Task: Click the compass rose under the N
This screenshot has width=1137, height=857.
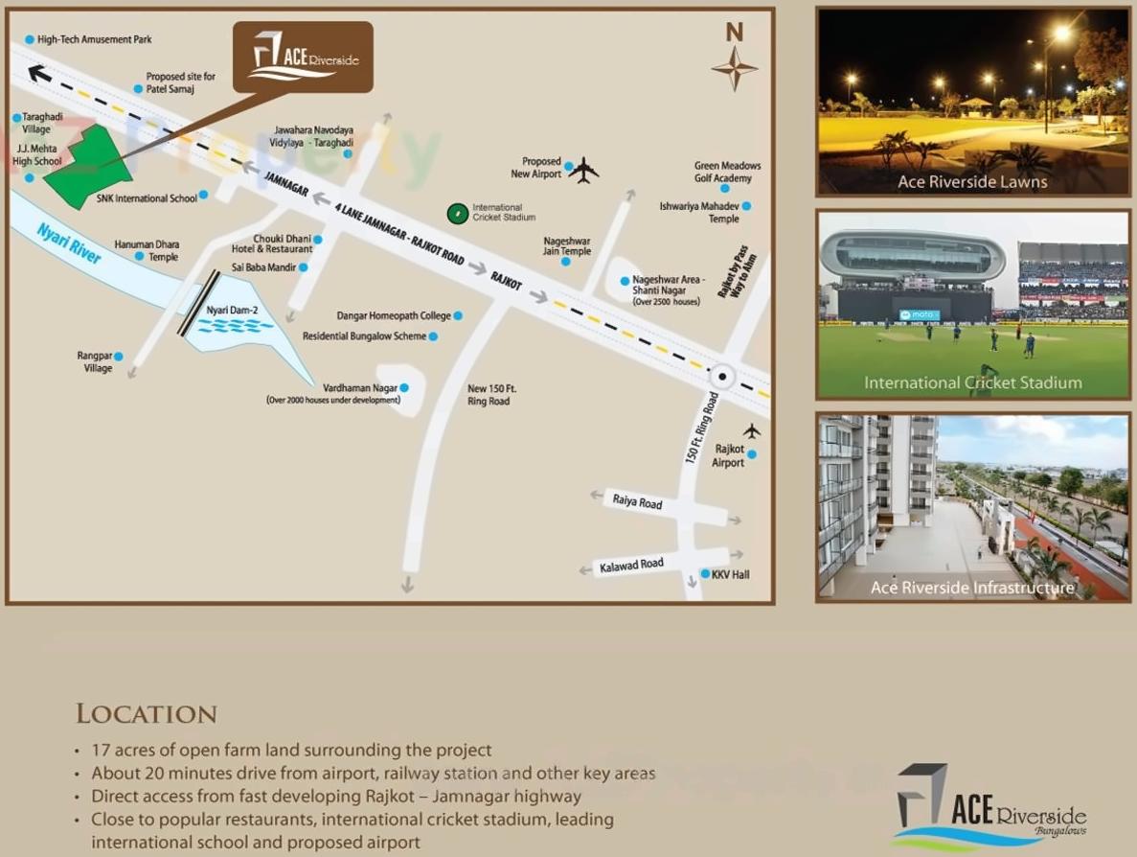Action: [x=735, y=68]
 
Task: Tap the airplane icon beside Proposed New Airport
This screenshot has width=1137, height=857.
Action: [x=582, y=171]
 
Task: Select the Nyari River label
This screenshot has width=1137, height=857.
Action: [x=69, y=243]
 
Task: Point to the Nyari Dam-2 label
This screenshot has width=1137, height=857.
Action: [x=226, y=311]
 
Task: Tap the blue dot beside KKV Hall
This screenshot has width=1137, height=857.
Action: [x=705, y=574]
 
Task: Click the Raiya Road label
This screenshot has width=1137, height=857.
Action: [x=637, y=501]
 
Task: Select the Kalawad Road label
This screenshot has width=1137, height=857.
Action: [x=631, y=566]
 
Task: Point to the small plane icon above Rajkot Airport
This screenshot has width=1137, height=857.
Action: [x=752, y=430]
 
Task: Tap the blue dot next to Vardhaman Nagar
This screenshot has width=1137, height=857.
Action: [x=404, y=387]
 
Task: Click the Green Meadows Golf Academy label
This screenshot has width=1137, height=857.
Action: [x=727, y=172]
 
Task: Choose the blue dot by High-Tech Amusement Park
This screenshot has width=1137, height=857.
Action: [x=30, y=40]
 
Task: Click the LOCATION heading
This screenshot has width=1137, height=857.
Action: [x=147, y=714]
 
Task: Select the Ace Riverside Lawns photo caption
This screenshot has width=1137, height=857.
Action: [x=972, y=182]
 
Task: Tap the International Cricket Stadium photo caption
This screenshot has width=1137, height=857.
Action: [x=972, y=382]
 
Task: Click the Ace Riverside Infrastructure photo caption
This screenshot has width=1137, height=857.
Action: [x=972, y=588]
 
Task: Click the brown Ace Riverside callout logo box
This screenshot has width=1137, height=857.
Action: [x=303, y=58]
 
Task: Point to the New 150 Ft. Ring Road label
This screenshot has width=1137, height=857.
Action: [x=491, y=395]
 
